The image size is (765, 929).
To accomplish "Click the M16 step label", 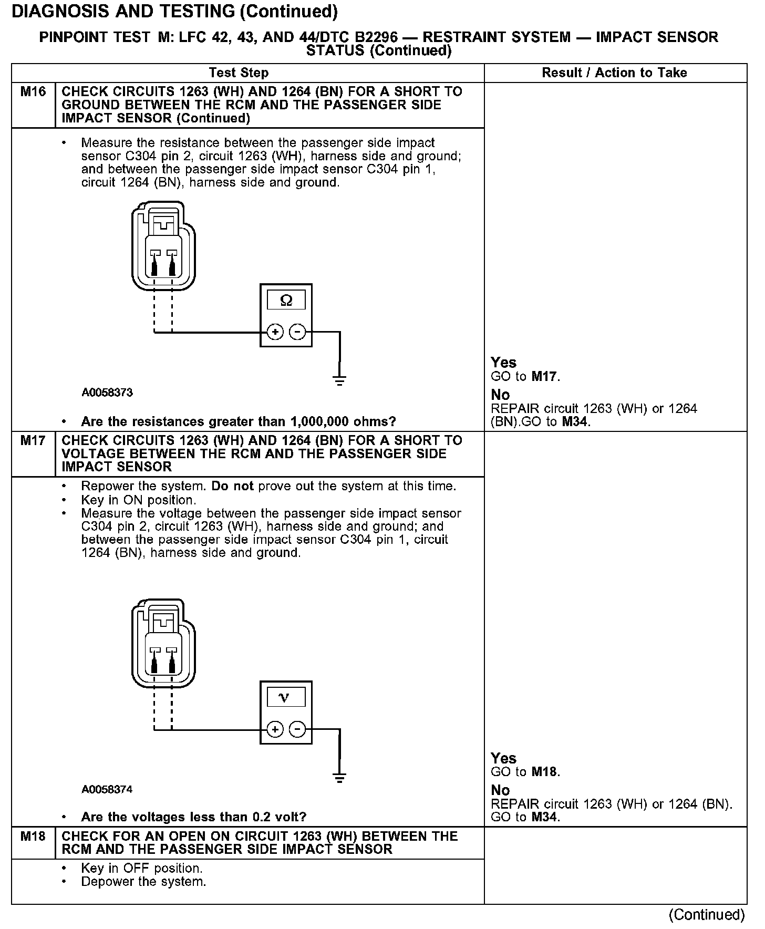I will tap(33, 92).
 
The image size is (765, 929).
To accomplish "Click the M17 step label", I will tap(33, 441).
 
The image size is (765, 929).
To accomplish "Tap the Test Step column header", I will tap(239, 73).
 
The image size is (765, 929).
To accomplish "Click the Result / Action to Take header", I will tap(614, 73).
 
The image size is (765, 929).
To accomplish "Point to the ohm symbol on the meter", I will tap(286, 301).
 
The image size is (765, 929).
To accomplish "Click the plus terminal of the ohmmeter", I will tap(275, 332).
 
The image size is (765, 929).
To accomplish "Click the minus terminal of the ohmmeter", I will tap(298, 332).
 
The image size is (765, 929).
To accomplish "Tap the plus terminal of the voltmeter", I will tap(275, 729).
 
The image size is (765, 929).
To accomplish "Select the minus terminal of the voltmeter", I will tap(298, 729).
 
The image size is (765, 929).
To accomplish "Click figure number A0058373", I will tap(107, 393).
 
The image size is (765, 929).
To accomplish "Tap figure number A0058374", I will tap(107, 789).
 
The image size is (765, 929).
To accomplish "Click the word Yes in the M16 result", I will tap(503, 363).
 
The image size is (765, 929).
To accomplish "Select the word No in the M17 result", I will tap(500, 790).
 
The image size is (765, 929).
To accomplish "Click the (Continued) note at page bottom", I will tap(707, 915).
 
